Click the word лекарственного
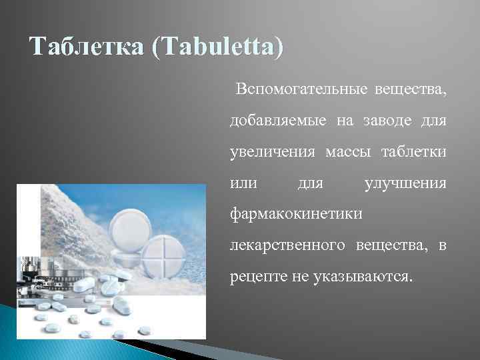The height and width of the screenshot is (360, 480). click(287, 245)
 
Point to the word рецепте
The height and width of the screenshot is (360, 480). click(255, 276)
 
